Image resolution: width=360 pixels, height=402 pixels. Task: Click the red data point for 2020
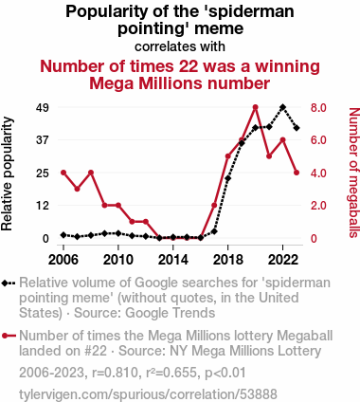[256, 107]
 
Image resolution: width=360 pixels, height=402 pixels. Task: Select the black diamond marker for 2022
[283, 107]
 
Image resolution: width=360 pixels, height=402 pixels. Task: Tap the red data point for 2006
[63, 173]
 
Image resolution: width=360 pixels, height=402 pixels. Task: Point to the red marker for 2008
[91, 173]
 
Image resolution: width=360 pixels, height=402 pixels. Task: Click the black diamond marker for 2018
[228, 178]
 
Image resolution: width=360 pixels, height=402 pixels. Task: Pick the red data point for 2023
[297, 173]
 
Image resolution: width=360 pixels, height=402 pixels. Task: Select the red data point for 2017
[214, 206]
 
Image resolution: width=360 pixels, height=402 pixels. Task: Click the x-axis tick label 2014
[173, 260]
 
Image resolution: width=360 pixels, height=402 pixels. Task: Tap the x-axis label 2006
[63, 260]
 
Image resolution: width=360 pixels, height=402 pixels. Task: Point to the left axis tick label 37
[43, 140]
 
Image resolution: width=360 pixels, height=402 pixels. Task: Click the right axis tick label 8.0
[318, 108]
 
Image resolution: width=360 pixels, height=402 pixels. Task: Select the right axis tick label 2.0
[318, 206]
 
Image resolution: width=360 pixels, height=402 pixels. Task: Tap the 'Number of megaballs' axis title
[354, 173]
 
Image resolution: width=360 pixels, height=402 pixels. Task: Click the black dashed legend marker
[9, 283]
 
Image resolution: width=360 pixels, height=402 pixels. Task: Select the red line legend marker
[9, 336]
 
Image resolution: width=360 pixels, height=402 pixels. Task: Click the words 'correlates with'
[180, 46]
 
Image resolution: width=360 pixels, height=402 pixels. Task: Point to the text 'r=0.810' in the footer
[115, 373]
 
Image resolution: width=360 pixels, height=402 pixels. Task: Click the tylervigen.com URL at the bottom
[148, 394]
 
